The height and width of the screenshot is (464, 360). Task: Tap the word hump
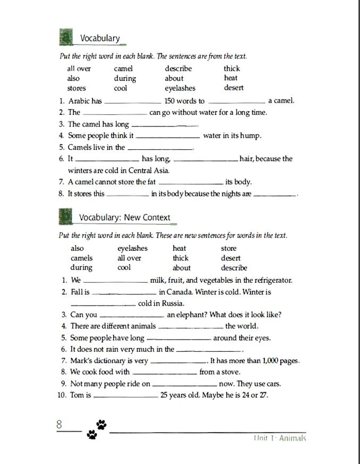pos(250,136)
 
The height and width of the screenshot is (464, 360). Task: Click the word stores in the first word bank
pos(76,88)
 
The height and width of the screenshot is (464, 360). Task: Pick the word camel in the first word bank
pos(123,69)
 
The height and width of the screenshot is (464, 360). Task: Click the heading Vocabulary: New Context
pos(125,217)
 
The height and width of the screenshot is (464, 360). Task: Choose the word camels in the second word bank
pos(81,258)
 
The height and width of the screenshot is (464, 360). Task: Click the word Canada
pos(178,292)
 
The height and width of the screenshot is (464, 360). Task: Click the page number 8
pos(59,425)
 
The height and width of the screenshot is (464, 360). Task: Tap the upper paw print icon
pos(101,424)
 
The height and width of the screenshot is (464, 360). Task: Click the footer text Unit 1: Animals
pos(280,438)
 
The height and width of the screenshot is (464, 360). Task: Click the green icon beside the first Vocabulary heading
pos(65,38)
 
